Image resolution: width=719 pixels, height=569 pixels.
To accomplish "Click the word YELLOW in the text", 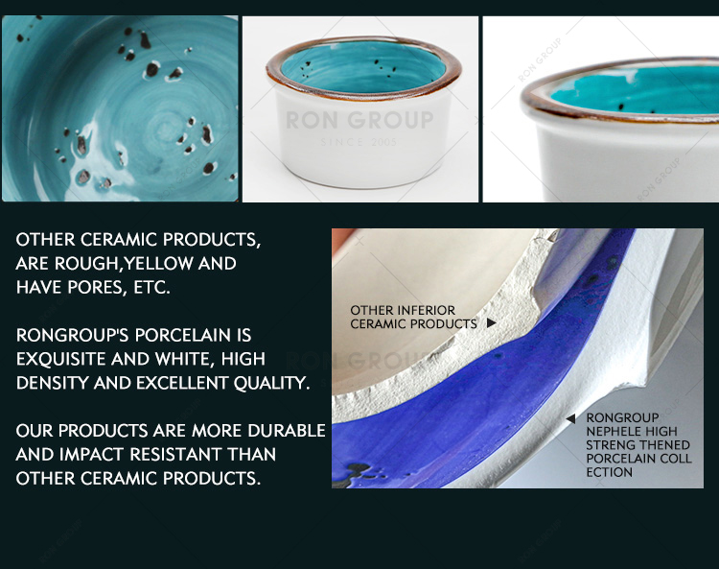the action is click(x=158, y=264).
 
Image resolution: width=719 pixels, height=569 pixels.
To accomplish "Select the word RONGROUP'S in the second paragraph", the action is click(x=72, y=335).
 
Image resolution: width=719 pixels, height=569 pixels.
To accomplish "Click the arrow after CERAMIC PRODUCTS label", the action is click(x=491, y=323).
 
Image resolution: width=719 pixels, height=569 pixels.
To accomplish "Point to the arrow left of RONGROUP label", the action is click(x=570, y=418).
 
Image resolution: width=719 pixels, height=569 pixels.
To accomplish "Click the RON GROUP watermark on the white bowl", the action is click(x=359, y=120).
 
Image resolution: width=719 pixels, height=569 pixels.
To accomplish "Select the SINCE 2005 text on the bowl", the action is click(x=359, y=142).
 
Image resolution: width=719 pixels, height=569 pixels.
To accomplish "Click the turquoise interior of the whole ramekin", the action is click(x=363, y=68).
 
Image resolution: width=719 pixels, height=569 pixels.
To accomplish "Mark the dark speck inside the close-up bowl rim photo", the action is click(x=621, y=107).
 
